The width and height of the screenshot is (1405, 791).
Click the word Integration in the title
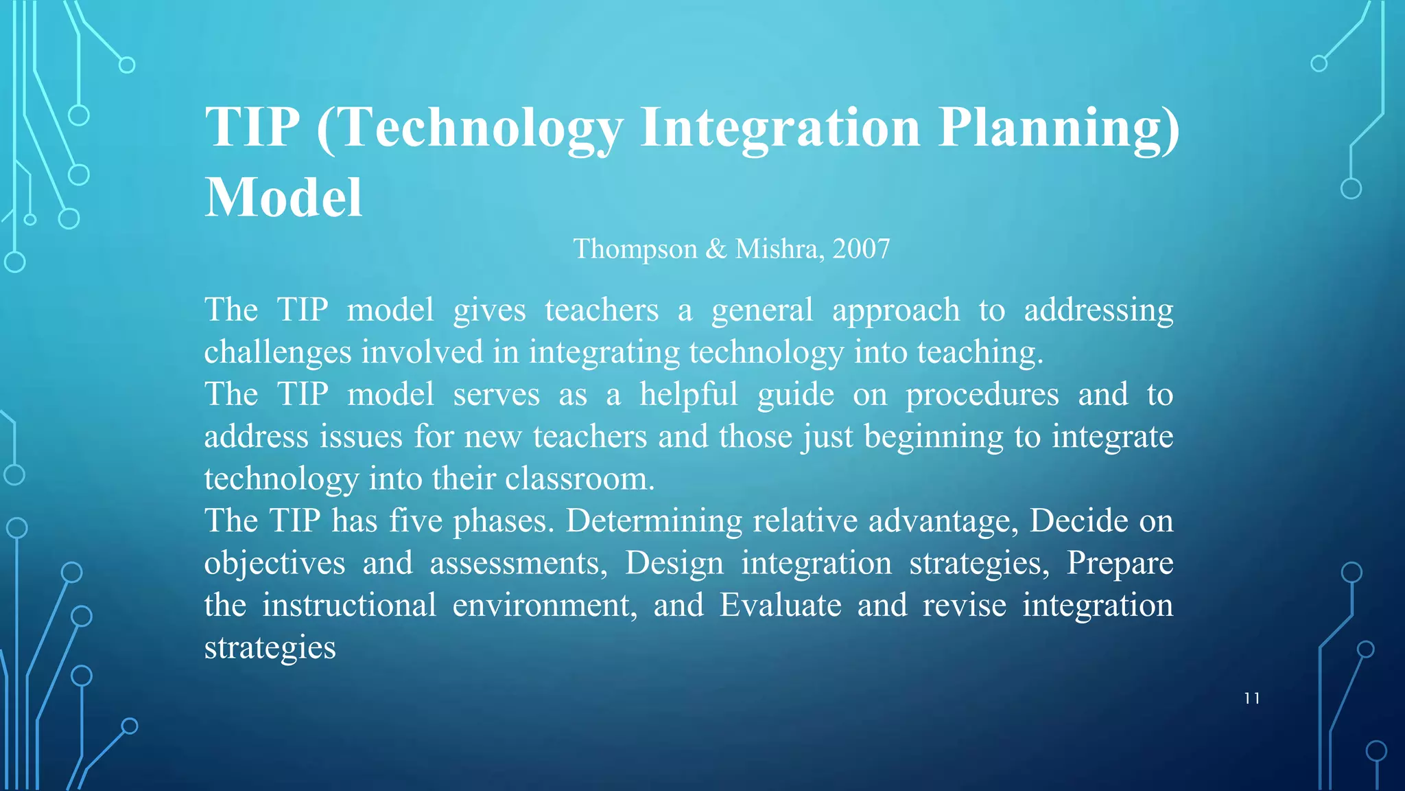tap(780, 128)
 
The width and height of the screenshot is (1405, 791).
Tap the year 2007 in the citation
tap(861, 249)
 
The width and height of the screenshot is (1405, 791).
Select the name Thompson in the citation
tap(635, 249)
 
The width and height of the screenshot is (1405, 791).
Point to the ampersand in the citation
tap(716, 249)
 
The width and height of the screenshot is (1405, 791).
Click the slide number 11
tap(1252, 699)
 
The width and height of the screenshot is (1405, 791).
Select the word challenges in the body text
tap(277, 353)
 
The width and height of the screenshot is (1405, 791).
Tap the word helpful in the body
tap(688, 395)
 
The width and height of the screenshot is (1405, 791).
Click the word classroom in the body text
tap(580, 479)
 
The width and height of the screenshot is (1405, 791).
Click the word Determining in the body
tap(654, 521)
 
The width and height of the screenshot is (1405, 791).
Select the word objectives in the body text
tap(274, 564)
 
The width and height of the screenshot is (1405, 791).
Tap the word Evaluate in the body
tap(780, 606)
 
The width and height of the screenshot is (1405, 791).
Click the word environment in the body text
tap(545, 606)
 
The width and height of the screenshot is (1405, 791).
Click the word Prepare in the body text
tap(1120, 564)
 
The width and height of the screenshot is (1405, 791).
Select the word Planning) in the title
tap(1059, 128)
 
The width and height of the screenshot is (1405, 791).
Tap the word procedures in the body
tap(982, 395)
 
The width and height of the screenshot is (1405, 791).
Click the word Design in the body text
tap(674, 564)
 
